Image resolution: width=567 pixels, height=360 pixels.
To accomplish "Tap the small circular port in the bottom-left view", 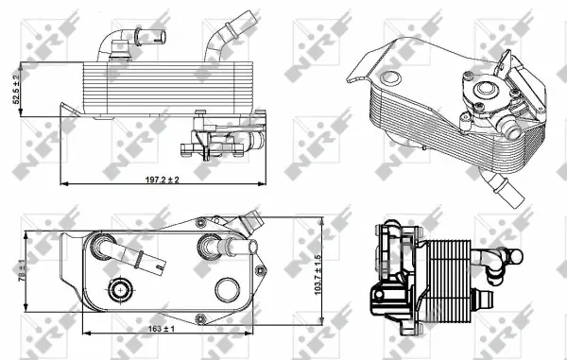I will pyautogui.click(x=122, y=289).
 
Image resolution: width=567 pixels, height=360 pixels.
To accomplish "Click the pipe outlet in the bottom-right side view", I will pyautogui.click(x=511, y=258).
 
